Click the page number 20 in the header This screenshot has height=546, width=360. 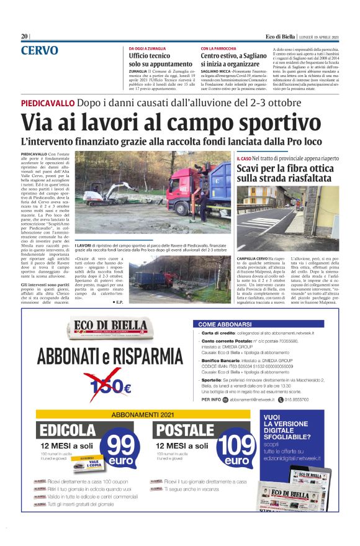point(24,37)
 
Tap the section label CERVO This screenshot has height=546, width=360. point(40,50)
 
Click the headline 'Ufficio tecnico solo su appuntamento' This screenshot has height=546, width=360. point(161,60)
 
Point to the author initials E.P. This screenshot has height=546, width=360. point(117,301)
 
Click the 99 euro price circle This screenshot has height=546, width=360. point(120,450)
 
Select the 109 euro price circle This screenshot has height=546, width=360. point(236,450)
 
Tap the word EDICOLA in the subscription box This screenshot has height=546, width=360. point(67,430)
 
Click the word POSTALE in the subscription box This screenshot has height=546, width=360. point(184,430)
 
